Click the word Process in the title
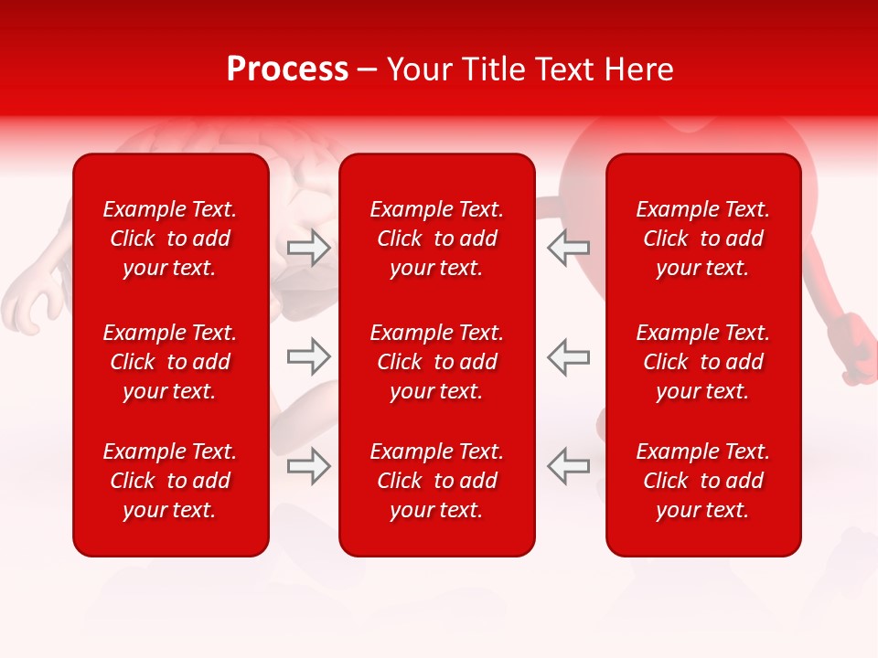click(x=287, y=69)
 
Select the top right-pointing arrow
click(x=308, y=248)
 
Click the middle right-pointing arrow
click(x=308, y=356)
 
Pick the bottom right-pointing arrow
click(x=308, y=466)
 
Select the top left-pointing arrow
click(x=568, y=248)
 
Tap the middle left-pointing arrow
click(x=568, y=356)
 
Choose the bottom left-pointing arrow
click(x=568, y=466)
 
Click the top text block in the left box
click(x=170, y=239)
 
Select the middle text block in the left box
click(x=170, y=362)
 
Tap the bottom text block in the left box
click(x=170, y=481)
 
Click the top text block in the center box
click(x=437, y=239)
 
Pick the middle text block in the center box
click(x=437, y=362)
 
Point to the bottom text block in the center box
click(x=437, y=481)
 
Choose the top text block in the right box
click(x=703, y=239)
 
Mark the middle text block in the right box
click(x=703, y=362)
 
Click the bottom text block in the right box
click(x=703, y=481)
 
